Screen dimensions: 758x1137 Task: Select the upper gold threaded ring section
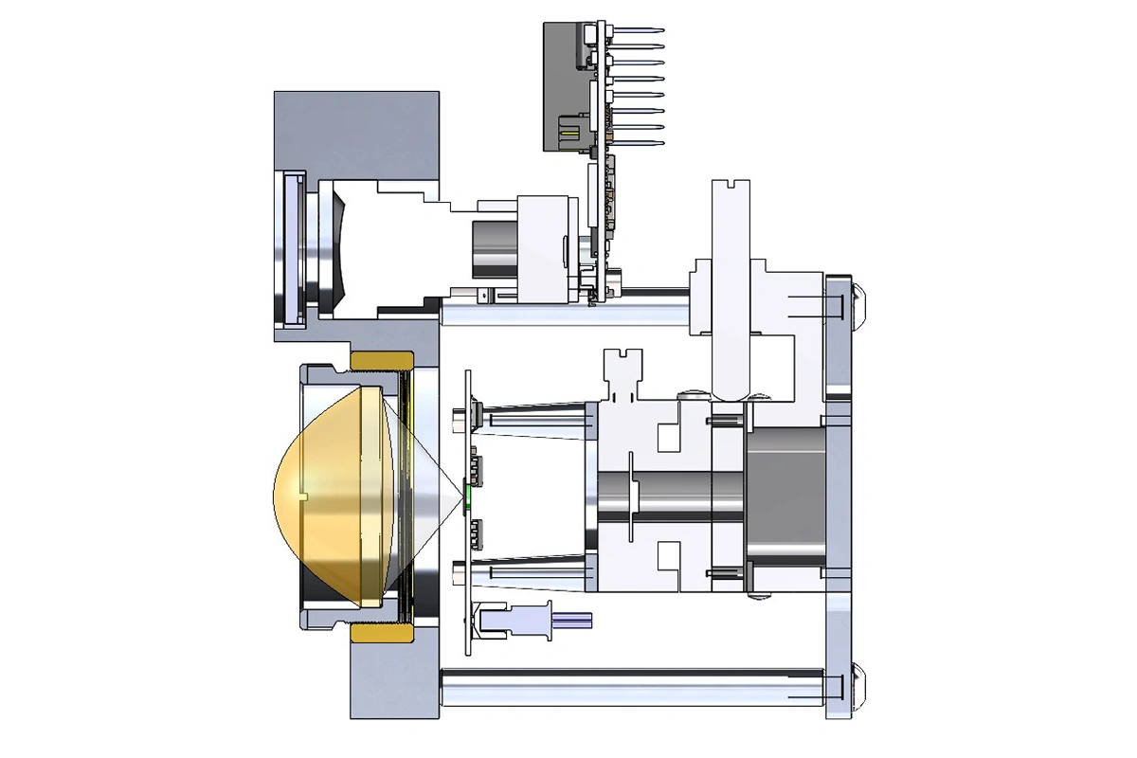coord(382,360)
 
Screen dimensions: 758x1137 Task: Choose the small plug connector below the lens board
coord(516,620)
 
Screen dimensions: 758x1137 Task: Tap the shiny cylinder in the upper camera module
coord(493,250)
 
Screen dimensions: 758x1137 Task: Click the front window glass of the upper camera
coord(288,248)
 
